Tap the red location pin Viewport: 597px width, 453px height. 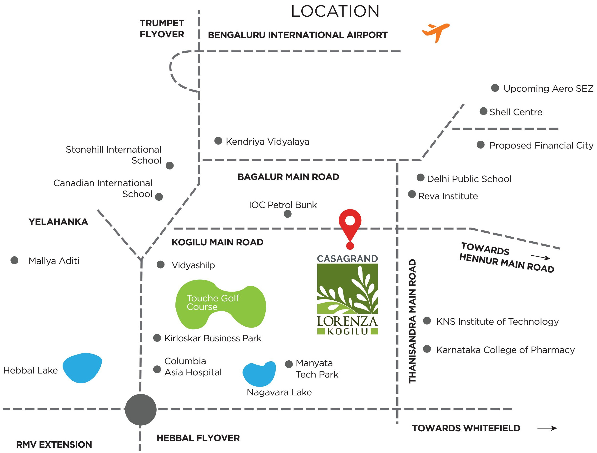(x=350, y=228)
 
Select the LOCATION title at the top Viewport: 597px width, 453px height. (x=335, y=11)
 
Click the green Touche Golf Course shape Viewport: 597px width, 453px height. (x=221, y=304)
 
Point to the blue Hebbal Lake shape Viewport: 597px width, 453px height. (x=82, y=368)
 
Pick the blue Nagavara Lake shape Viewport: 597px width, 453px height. (x=259, y=374)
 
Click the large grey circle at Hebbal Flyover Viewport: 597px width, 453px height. (x=141, y=409)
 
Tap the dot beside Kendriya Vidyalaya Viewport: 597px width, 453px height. (x=218, y=141)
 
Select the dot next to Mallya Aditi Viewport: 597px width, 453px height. (x=14, y=260)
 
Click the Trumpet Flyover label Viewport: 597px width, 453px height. (x=162, y=29)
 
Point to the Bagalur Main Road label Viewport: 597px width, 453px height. (x=288, y=177)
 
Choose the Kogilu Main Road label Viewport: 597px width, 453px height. (x=218, y=242)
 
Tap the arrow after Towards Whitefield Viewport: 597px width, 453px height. (x=547, y=428)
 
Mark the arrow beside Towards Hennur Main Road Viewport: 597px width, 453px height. (x=541, y=257)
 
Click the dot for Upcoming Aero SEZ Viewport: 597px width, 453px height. (x=495, y=88)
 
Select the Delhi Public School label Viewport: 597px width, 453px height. (x=469, y=179)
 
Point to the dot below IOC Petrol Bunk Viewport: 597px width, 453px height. (x=288, y=214)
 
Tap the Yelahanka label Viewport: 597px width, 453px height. (x=58, y=222)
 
